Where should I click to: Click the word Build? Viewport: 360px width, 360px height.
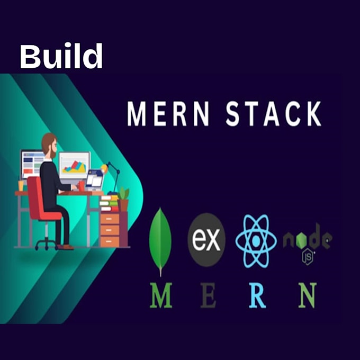click(61, 56)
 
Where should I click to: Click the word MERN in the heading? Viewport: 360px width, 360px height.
click(168, 114)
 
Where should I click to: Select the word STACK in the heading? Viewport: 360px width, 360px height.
click(274, 114)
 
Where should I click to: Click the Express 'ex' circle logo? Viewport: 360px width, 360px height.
click(206, 240)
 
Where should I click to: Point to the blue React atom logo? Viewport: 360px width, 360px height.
click(256, 241)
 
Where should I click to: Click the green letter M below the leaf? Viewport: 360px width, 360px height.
click(161, 295)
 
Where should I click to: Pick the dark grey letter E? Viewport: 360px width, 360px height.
click(208, 295)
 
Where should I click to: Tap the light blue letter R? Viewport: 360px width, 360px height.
click(258, 295)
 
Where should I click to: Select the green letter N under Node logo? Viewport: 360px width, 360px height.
click(308, 295)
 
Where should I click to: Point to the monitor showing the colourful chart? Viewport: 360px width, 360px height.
click(75, 165)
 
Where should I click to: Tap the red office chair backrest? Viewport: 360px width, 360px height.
click(34, 195)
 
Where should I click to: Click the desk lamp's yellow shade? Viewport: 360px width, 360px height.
click(104, 168)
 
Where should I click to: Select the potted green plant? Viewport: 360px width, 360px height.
click(123, 199)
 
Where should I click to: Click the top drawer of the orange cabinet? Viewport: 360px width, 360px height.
click(110, 219)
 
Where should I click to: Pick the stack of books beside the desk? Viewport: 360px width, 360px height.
click(109, 204)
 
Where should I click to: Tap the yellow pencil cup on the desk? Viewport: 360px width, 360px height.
click(21, 185)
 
